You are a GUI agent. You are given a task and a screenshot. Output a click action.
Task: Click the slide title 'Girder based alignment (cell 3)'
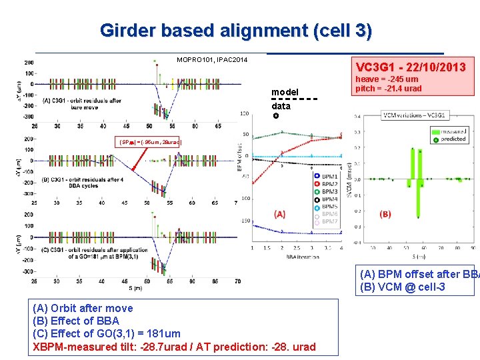(x=236, y=31)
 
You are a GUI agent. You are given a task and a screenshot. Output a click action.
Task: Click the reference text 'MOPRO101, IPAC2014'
(x=212, y=61)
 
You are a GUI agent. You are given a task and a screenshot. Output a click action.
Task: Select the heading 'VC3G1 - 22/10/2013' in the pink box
(x=411, y=68)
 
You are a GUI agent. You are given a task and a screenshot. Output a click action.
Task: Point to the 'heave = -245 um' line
(x=387, y=79)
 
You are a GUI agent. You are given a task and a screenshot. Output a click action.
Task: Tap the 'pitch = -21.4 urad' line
(x=389, y=89)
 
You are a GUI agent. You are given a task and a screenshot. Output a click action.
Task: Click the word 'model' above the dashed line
(x=285, y=92)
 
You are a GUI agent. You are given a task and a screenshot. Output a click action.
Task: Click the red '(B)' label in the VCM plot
(x=386, y=214)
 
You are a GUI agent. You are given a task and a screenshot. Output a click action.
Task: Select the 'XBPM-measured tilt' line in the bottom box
(x=174, y=347)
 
